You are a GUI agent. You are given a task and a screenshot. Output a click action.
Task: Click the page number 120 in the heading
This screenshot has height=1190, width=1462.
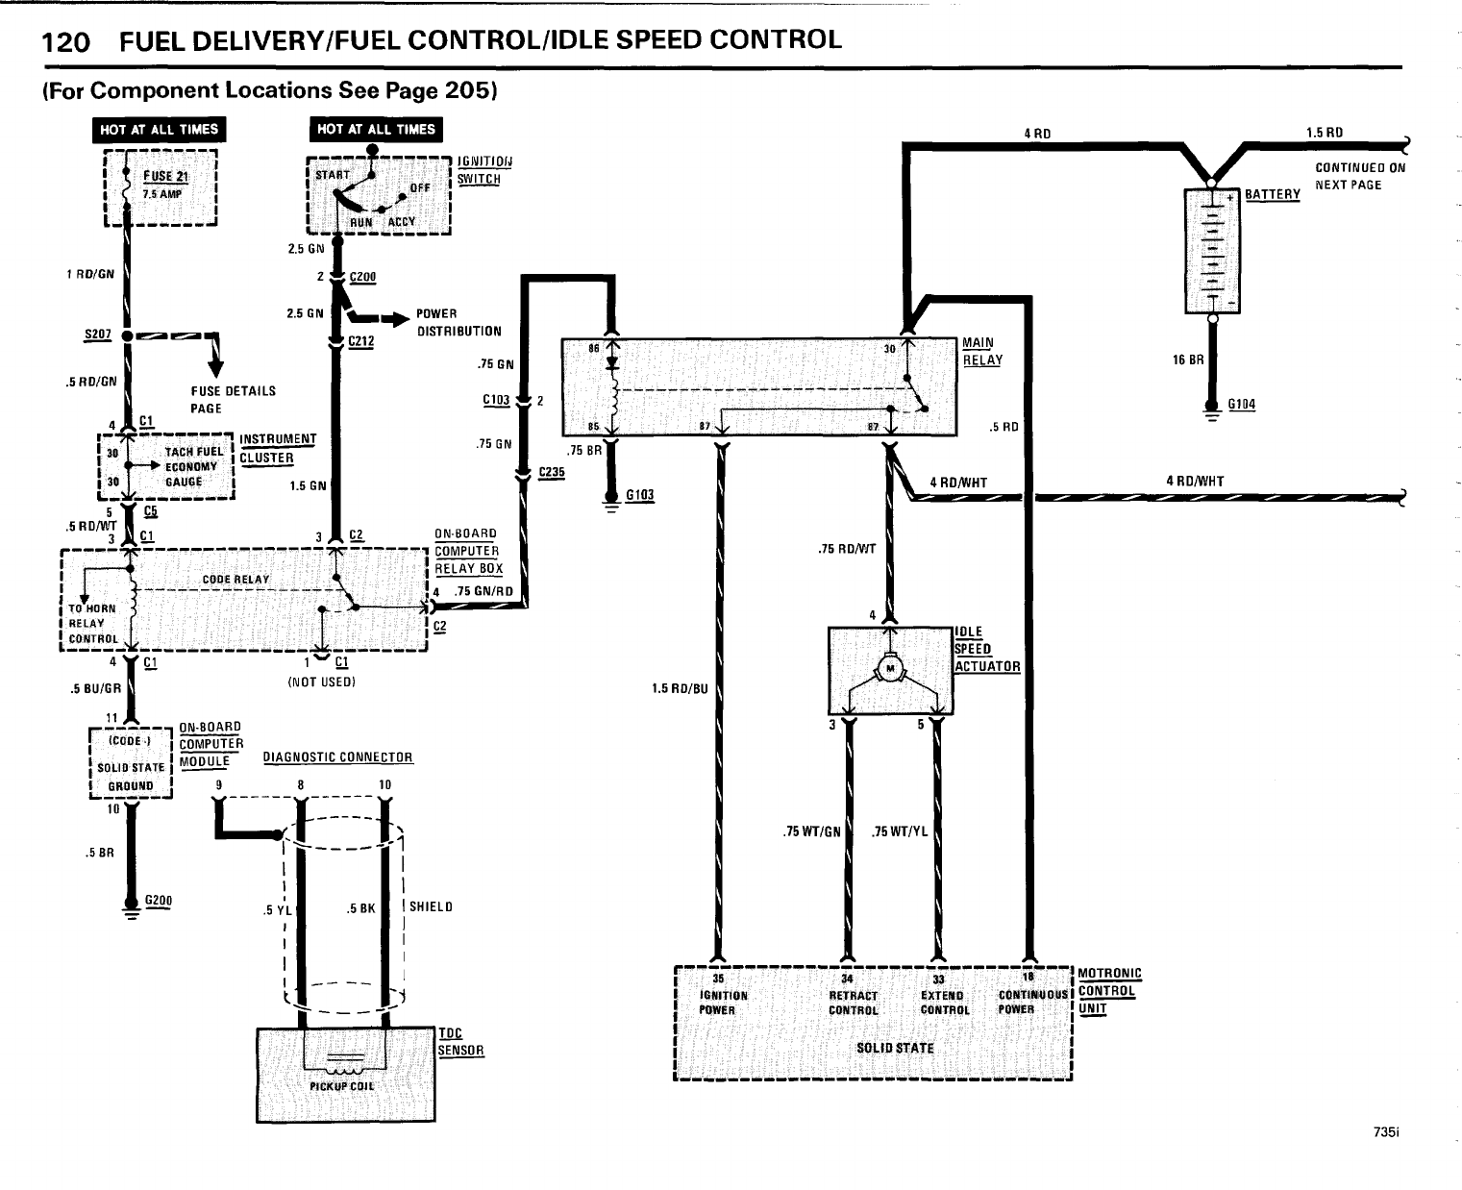[65, 41]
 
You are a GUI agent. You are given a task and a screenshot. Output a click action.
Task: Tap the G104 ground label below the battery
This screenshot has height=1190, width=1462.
[1241, 405]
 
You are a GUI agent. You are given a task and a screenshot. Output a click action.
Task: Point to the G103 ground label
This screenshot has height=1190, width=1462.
[639, 495]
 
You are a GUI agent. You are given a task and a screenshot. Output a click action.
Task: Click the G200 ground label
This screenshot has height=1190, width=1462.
[158, 901]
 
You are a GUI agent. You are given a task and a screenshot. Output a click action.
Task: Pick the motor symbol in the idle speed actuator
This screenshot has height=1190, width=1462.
[890, 669]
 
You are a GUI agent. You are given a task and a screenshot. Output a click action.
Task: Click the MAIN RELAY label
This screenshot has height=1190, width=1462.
[982, 352]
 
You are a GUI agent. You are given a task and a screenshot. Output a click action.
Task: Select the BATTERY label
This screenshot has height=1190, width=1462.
[1272, 194]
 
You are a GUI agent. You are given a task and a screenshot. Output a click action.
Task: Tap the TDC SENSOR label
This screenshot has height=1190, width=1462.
[460, 1042]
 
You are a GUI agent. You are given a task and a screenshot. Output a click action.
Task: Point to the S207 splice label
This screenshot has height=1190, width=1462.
[98, 335]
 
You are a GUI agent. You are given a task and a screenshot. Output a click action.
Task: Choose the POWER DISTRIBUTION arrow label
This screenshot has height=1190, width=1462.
[458, 322]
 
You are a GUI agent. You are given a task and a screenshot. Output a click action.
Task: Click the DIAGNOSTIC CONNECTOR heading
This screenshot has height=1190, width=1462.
[337, 757]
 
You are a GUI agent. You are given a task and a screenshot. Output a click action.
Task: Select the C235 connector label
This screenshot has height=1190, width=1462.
[552, 472]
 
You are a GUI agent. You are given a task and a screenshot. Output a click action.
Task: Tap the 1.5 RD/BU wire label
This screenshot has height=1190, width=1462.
[679, 688]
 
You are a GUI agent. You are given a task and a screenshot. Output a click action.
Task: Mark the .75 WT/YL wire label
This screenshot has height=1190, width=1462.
[900, 831]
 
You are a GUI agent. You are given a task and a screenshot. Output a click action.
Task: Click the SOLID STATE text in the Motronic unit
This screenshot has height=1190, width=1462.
[894, 1048]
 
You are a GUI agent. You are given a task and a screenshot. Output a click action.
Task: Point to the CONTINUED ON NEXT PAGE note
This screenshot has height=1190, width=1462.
[1360, 176]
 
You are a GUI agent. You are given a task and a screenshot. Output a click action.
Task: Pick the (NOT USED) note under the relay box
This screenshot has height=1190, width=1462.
[322, 682]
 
